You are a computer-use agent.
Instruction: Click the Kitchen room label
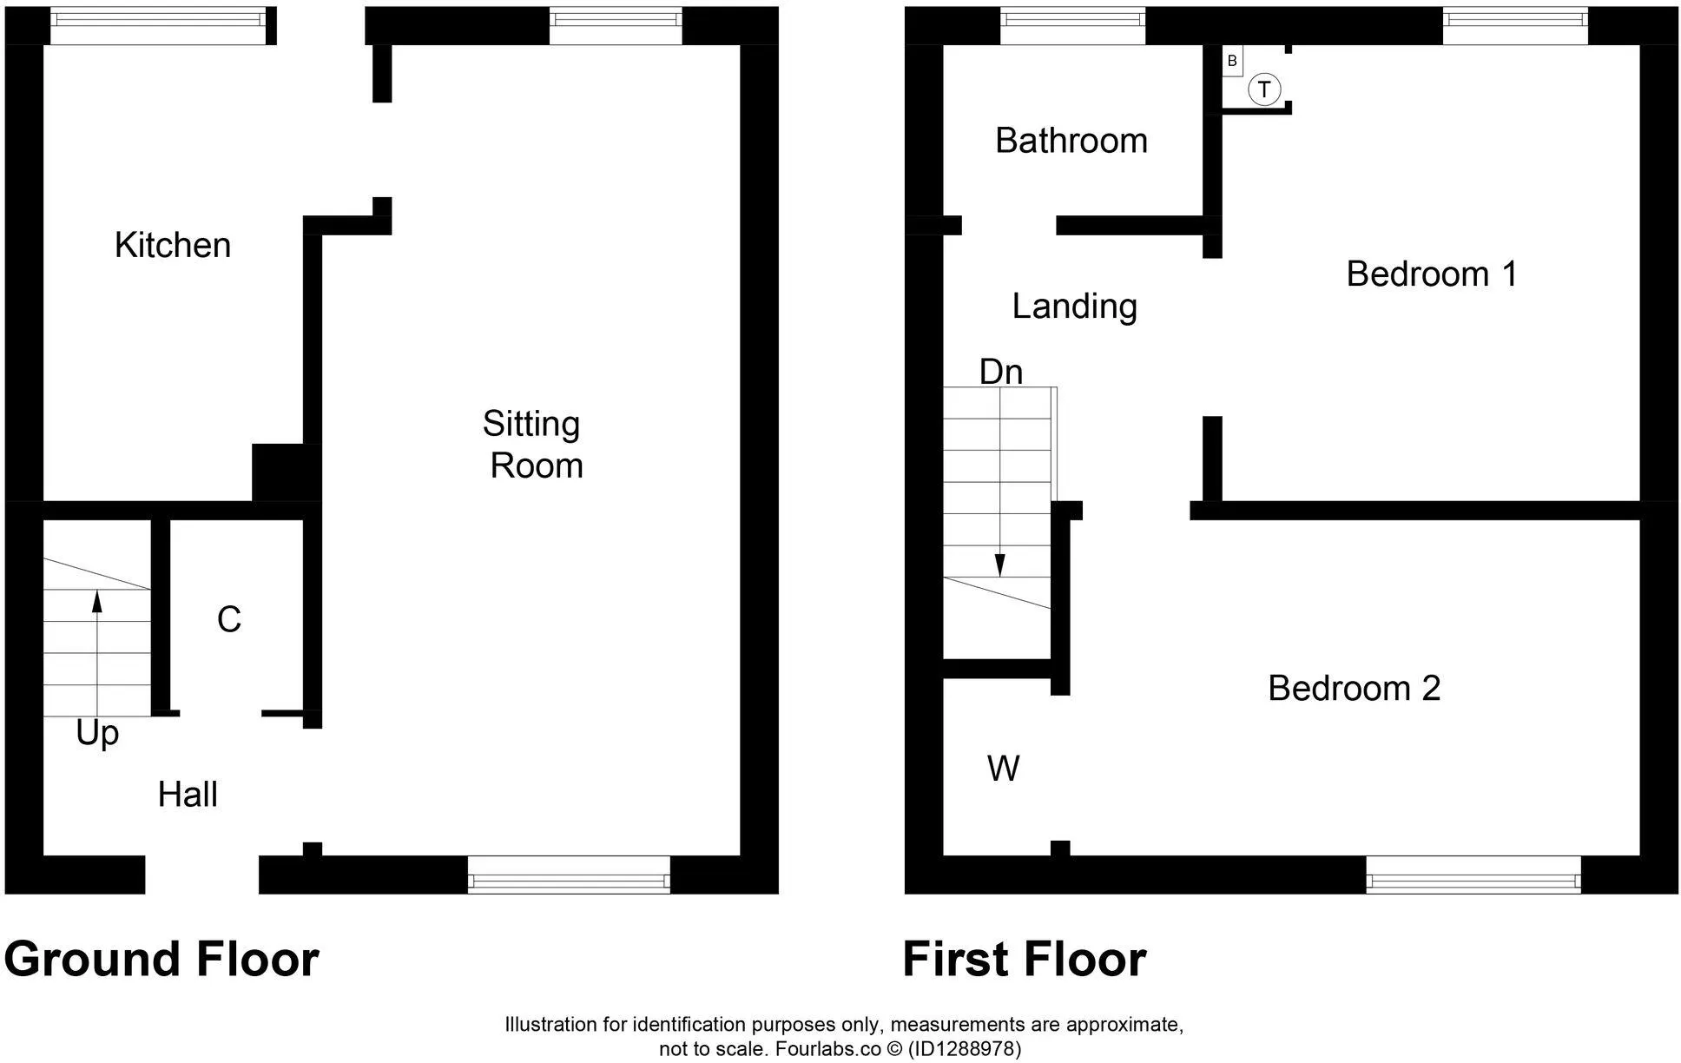point(173,246)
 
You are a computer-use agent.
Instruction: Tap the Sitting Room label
point(533,445)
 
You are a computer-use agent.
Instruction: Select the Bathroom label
point(1071,141)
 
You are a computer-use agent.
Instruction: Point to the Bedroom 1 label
point(1432,274)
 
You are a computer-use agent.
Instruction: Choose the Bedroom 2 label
point(1354,689)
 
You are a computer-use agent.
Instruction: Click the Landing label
point(1075,307)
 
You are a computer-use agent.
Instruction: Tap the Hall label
point(188,795)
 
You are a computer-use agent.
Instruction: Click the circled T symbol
point(1264,89)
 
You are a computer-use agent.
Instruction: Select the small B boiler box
point(1232,62)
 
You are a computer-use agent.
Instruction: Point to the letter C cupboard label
point(228,620)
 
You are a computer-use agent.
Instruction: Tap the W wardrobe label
point(1004,769)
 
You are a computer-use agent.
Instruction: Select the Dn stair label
point(1001,373)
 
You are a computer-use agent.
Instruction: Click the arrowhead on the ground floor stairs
point(96,601)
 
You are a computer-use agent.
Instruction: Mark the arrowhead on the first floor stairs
point(1000,566)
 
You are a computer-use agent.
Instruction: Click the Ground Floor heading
point(162,960)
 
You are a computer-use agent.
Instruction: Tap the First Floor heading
point(1025,960)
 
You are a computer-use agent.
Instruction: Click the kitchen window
point(158,25)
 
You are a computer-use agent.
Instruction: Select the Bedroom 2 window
point(1473,875)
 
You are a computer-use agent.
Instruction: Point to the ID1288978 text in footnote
point(965,1049)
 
